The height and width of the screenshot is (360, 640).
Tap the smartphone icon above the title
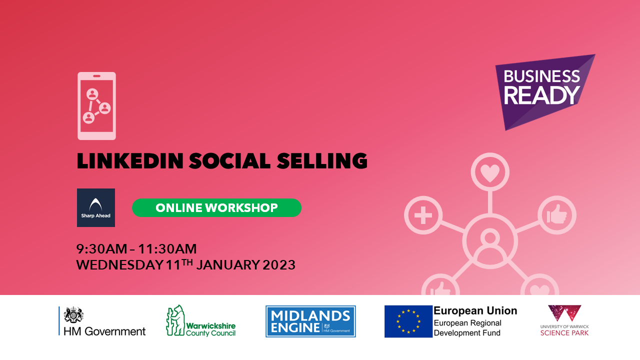pos(96,106)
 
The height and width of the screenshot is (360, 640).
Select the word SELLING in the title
pos(322,161)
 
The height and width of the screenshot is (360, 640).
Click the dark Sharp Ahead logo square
pos(96,207)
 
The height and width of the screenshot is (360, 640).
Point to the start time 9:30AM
pos(101,249)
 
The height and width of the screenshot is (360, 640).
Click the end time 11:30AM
pos(167,249)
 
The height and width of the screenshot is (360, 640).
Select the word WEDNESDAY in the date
pos(119,265)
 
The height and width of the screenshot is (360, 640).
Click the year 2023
pos(279,265)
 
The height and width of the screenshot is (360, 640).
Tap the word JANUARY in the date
pos(227,265)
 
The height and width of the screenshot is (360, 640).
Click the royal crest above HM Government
pos(73,315)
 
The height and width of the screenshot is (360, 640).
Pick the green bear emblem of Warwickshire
pos(175,320)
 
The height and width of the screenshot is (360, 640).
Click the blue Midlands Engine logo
pos(310,321)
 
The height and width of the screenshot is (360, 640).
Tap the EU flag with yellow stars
pos(408,321)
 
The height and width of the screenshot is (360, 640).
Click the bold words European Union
pos(475,311)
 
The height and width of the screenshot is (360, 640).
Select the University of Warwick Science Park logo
pos(564,320)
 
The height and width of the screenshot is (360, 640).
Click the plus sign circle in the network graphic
pos(423,215)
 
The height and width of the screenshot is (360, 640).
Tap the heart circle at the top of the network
pos(490,172)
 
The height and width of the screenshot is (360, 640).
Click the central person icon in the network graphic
pos(490,241)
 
